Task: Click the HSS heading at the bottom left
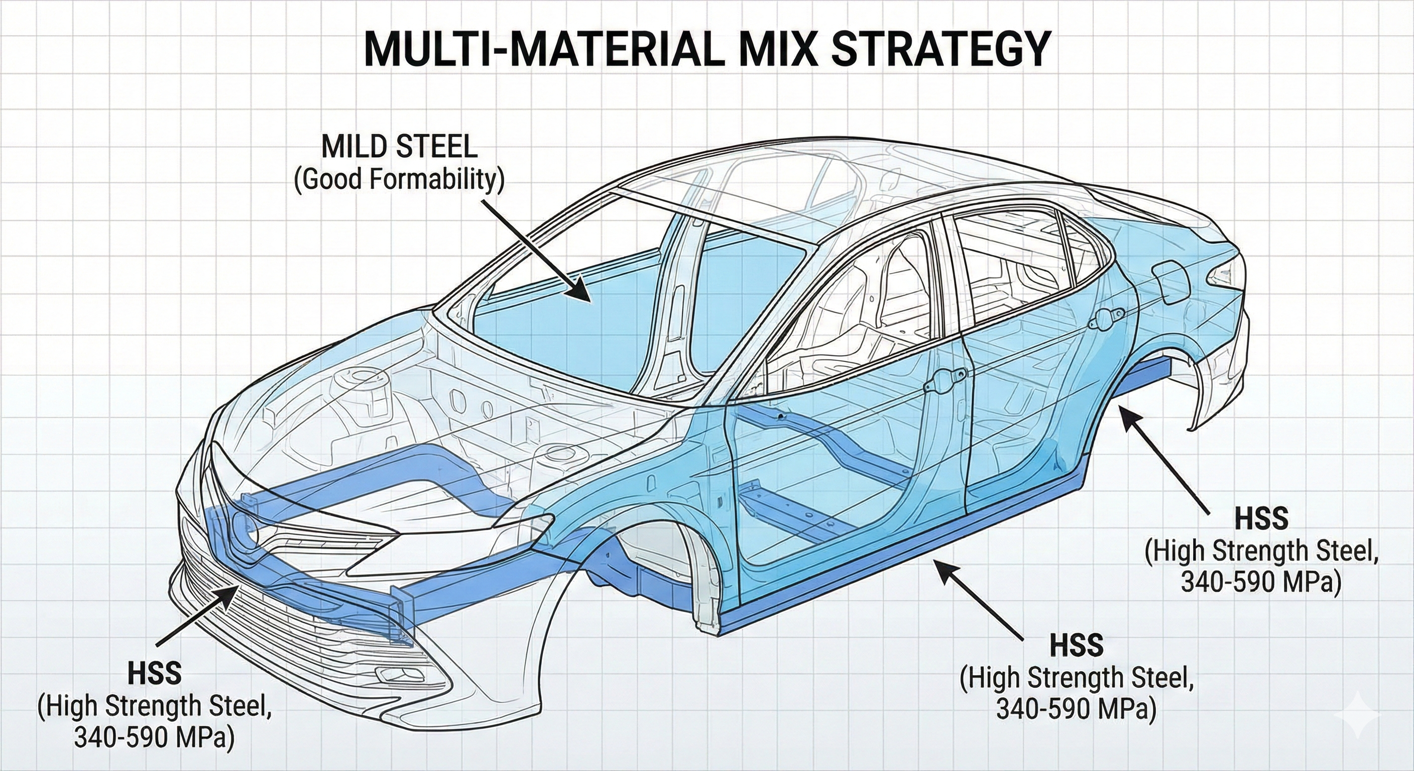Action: point(155,673)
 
